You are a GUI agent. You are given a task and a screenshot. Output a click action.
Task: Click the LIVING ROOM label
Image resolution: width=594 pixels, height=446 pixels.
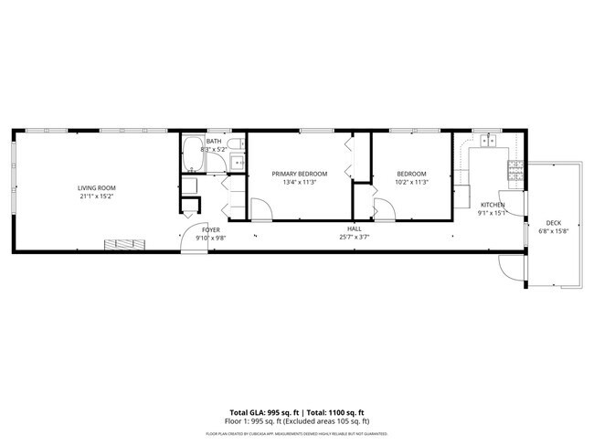97,187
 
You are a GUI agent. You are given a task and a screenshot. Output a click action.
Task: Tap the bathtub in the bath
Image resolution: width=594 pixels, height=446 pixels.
193,155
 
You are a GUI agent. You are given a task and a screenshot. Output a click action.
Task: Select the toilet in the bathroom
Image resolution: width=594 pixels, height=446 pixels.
234,146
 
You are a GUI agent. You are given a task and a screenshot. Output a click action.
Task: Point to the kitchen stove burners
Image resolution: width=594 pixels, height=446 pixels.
514,168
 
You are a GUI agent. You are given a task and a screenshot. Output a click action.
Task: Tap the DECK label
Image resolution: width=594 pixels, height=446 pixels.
554,223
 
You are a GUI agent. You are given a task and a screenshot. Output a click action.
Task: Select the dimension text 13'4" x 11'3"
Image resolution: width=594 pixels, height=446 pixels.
300,182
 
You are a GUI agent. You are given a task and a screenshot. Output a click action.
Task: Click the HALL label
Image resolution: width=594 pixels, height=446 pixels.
354,228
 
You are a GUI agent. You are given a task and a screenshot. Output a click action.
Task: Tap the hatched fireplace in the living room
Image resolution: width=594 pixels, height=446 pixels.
123,244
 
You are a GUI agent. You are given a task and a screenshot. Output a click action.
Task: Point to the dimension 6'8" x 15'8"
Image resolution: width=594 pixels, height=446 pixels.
554,232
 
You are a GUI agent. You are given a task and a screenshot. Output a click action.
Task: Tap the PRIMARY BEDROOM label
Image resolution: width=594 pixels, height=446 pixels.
300,174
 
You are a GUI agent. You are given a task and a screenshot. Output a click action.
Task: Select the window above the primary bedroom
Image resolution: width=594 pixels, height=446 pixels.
314,131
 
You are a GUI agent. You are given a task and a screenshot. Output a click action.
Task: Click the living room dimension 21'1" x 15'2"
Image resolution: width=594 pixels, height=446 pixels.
97,196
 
